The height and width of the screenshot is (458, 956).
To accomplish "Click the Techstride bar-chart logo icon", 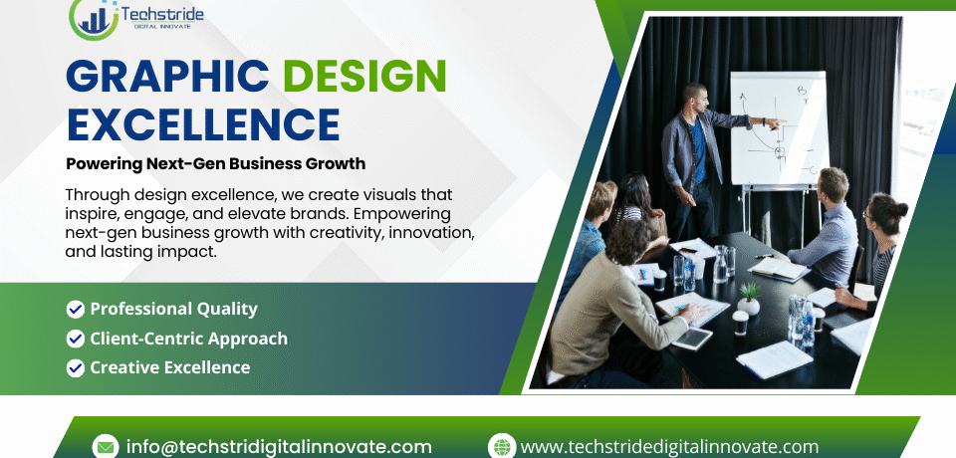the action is (x=94, y=19).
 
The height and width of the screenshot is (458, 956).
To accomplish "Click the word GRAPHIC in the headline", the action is (x=167, y=76).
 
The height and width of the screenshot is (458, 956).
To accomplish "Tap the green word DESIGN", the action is (x=364, y=76).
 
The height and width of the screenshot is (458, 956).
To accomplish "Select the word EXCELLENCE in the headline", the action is (x=202, y=124).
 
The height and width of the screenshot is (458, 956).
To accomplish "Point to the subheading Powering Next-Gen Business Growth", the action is (x=216, y=163).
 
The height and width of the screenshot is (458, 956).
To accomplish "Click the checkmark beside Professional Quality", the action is (x=75, y=310).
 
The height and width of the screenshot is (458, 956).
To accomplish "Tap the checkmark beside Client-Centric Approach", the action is (x=75, y=339).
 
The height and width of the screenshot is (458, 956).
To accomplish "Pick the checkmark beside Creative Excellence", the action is (x=75, y=367).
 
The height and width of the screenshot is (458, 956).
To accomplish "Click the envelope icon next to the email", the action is (x=105, y=446).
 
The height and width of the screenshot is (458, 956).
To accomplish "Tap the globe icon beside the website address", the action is (x=502, y=446).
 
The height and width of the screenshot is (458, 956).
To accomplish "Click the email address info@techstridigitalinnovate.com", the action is (x=279, y=447).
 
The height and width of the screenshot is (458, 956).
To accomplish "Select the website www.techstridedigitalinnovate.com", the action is (x=669, y=447).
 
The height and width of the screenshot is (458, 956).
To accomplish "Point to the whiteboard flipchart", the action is (x=779, y=128).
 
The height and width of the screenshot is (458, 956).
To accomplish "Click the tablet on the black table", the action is (x=693, y=339).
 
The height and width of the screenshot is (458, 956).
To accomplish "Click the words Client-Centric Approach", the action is (x=189, y=339).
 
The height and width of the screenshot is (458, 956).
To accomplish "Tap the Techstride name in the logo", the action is (x=162, y=13).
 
